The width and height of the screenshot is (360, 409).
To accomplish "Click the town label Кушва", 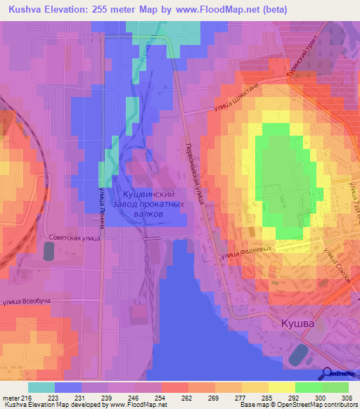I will click(x=293, y=324).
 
